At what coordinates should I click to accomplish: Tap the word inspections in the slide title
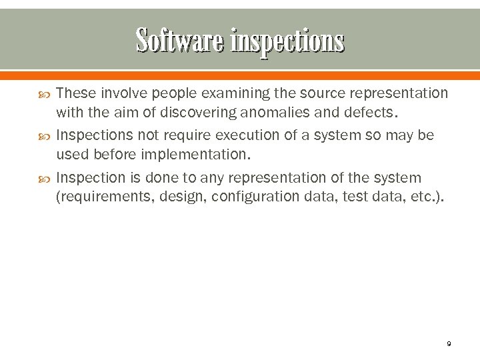click(288, 41)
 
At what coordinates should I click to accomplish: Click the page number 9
click(449, 343)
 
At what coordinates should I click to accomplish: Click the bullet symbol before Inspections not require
click(45, 136)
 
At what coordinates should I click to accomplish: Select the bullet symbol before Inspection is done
click(45, 179)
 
